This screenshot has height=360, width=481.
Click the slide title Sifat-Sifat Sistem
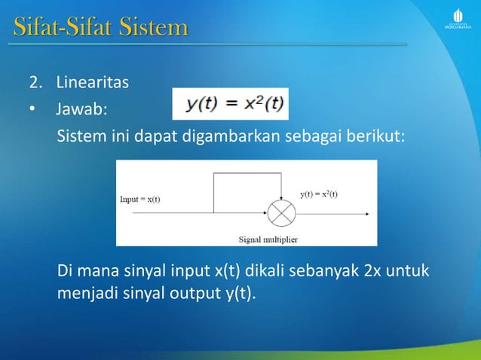pos(100,29)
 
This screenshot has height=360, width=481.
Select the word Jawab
pos(80,111)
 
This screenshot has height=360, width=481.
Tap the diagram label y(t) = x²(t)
pos(319,194)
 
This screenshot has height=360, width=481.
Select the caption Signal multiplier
pos(268,239)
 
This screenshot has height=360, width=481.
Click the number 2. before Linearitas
pos(35,82)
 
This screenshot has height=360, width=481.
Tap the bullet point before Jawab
pos(32,111)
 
